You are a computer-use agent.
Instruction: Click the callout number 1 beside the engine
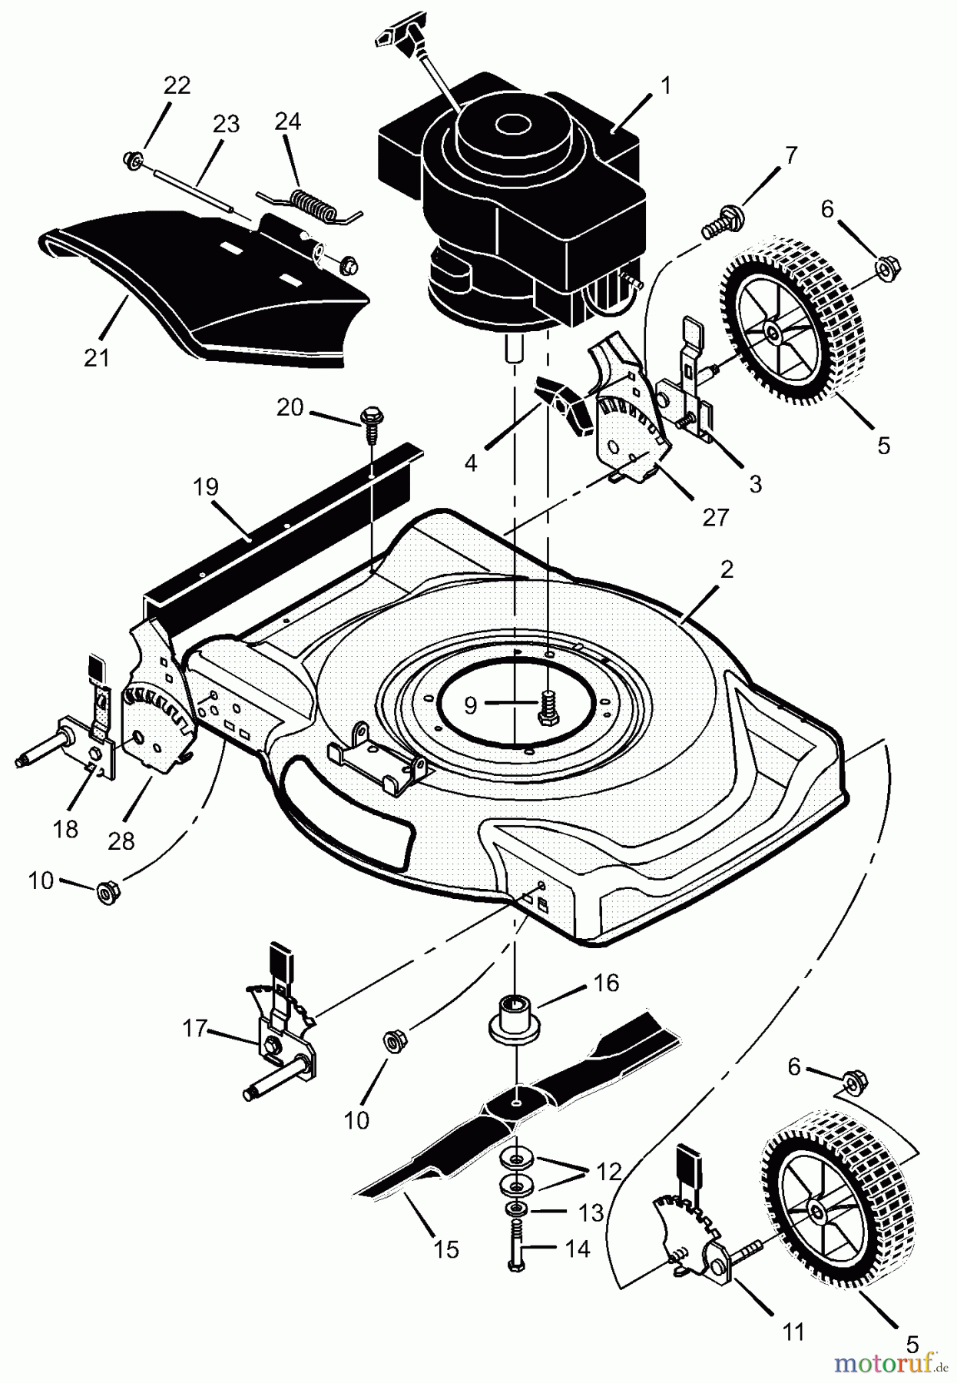click(666, 85)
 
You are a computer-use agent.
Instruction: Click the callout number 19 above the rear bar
click(207, 487)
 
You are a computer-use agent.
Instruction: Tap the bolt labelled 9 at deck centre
click(548, 705)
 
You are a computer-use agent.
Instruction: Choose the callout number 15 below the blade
click(446, 1249)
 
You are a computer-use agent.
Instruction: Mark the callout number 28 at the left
click(121, 841)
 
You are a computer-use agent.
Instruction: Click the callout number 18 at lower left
click(66, 829)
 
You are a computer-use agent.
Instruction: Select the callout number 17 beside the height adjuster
click(194, 1027)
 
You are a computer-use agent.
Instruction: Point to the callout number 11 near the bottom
click(793, 1331)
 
